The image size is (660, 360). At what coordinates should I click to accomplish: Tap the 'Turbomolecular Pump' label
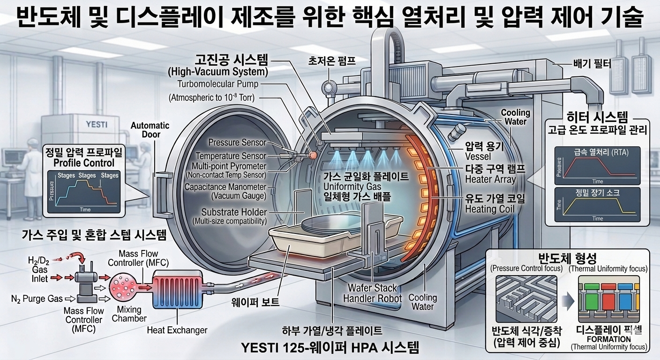pos(217,84)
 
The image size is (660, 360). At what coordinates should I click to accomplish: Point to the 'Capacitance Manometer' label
pos(225,187)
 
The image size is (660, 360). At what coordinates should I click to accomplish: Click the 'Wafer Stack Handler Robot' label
pos(372,293)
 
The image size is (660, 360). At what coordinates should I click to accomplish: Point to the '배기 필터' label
pos(592,63)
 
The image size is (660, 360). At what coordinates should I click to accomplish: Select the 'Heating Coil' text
pos(489,209)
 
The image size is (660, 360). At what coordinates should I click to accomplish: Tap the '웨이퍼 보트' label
pos(256,302)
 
